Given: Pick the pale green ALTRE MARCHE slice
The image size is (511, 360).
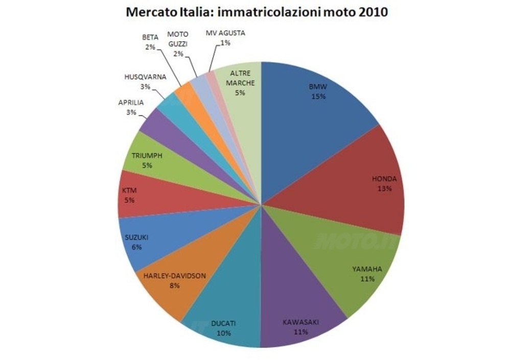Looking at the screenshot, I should (x=240, y=97).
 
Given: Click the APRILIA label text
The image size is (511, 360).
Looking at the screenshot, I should (x=131, y=103).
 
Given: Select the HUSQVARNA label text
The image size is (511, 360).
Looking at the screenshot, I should (x=145, y=77).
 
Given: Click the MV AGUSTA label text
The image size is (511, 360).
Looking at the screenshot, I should (x=225, y=34).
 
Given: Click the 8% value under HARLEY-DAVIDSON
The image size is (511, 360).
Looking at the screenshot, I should (x=175, y=285).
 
